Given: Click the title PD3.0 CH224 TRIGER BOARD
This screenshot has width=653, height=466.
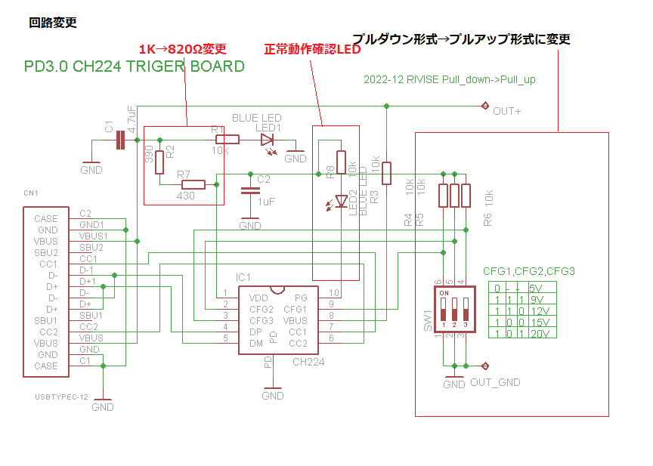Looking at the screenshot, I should tap(135, 66).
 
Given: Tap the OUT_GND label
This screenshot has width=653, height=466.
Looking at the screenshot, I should tap(495, 382).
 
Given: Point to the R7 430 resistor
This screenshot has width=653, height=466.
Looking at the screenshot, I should tap(193, 184).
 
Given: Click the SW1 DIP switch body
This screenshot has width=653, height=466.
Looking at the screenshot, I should tap(453, 309).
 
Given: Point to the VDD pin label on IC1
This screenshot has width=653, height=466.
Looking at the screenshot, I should tap(259, 298).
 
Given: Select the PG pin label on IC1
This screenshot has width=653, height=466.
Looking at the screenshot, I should tap(301, 298).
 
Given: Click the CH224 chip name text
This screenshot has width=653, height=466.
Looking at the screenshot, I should tap(308, 363).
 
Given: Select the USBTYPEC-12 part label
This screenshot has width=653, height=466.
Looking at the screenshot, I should tap(61, 397).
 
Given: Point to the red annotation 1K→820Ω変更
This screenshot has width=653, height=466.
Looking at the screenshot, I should tap(181, 50).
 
